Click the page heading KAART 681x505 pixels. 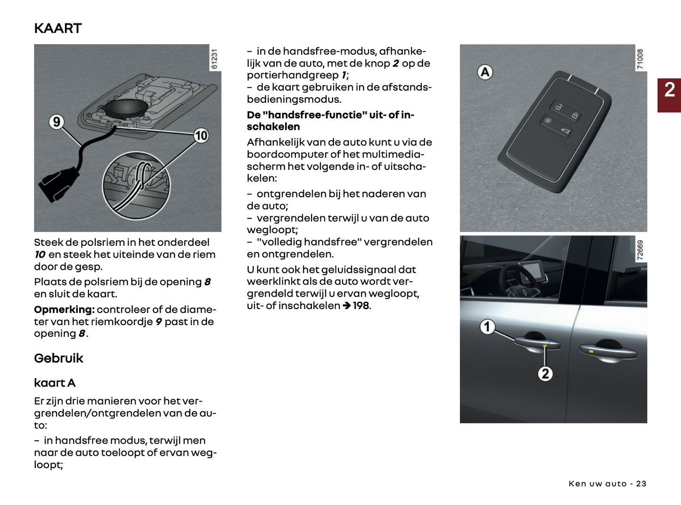coord(58,28)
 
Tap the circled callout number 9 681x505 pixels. coord(57,122)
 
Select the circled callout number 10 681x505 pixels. coord(201,136)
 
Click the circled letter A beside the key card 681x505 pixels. coord(485,72)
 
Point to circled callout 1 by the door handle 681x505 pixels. coord(487,327)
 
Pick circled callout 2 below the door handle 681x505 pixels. coord(545,374)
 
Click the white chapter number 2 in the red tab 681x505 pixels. coord(669,90)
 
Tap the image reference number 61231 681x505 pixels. coord(214,59)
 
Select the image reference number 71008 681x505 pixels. coord(640,59)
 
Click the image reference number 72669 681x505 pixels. coord(640,250)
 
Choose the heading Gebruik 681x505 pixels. coord(58,358)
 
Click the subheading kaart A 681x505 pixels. coord(55,383)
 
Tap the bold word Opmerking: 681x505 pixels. coord(65,310)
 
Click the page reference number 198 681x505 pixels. coord(361,306)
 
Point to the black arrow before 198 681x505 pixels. coord(346,306)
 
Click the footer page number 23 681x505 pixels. coord(641,484)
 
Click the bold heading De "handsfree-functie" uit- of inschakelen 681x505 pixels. coord(330,121)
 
